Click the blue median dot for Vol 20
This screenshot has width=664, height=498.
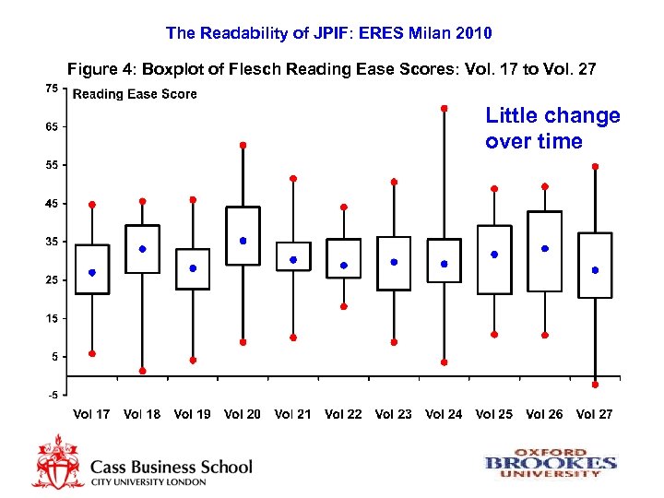pos(243,241)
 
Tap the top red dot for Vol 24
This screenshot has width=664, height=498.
pos(445,108)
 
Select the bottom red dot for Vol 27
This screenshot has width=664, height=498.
pos(595,385)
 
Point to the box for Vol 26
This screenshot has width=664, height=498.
pos(544,251)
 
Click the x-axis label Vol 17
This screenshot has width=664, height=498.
pos(91,414)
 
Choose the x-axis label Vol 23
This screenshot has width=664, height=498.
pos(394,414)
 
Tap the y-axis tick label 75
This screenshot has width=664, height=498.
pos(52,89)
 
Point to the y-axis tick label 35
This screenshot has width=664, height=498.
pos(52,242)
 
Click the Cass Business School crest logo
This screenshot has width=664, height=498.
pos(58,460)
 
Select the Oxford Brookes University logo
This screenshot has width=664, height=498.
pos(551,462)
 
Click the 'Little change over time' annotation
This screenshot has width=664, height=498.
pos(552,128)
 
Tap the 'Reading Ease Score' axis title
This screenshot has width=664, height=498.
pos(135,94)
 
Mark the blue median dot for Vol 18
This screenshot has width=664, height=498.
pos(142,249)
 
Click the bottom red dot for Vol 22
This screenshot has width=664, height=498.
pos(343,306)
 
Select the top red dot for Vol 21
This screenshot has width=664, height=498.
pos(293,178)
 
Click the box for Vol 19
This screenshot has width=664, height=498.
pos(193,268)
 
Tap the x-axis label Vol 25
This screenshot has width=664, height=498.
pos(494,414)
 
